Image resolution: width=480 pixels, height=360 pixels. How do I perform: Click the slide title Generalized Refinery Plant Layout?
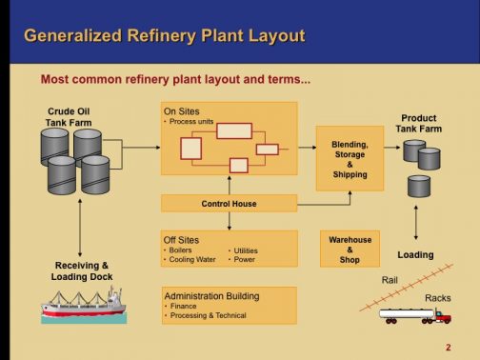(x=164, y=36)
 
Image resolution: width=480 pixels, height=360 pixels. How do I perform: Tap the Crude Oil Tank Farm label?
(x=69, y=117)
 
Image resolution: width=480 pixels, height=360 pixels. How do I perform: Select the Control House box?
(x=229, y=203)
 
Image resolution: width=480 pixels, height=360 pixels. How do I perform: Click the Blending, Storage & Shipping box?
(x=350, y=159)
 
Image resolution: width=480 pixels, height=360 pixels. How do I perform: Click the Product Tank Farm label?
(x=419, y=124)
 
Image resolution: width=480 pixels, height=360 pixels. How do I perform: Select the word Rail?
(x=390, y=280)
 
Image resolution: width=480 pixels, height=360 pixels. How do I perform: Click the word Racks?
(x=437, y=298)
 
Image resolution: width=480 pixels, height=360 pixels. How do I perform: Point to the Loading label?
(x=415, y=255)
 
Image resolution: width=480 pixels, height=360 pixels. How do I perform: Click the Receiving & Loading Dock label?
(x=82, y=270)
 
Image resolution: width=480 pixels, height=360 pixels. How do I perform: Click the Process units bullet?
(x=189, y=122)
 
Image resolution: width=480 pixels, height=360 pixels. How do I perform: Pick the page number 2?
(x=448, y=347)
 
